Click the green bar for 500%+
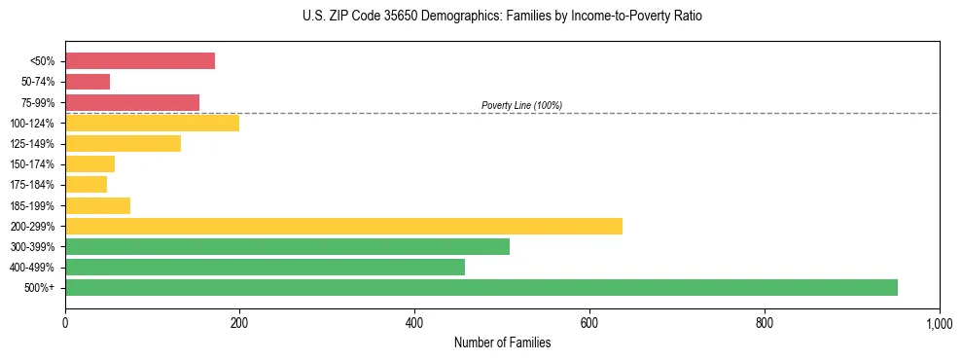pyautogui.click(x=481, y=287)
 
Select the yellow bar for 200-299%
pyautogui.click(x=343, y=226)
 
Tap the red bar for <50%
pyautogui.click(x=140, y=61)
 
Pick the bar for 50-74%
pyautogui.click(x=88, y=82)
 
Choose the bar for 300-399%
pyautogui.click(x=287, y=246)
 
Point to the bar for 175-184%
pyautogui.click(x=86, y=185)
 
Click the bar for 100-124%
pyautogui.click(x=152, y=123)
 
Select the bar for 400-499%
pyautogui.click(x=265, y=267)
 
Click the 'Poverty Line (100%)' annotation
pyautogui.click(x=521, y=105)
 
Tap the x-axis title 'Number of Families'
pyautogui.click(x=502, y=342)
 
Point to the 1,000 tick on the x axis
pyautogui.click(x=939, y=322)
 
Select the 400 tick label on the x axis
pyautogui.click(x=414, y=322)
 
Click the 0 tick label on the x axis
pyautogui.click(x=65, y=322)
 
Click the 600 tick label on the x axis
pyautogui.click(x=589, y=322)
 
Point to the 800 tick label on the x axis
pyautogui.click(x=765, y=322)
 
